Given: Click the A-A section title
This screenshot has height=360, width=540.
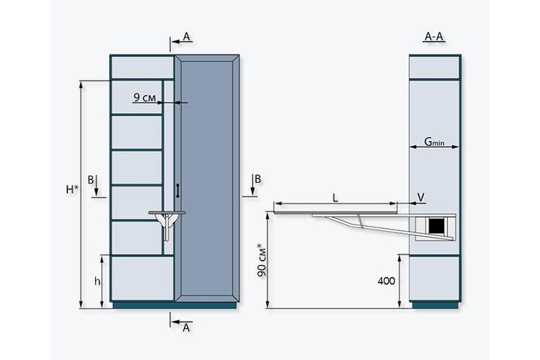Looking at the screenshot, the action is (x=434, y=36).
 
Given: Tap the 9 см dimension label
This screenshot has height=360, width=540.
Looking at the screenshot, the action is (x=145, y=98).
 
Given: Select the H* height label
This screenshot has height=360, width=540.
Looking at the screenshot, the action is (x=72, y=189).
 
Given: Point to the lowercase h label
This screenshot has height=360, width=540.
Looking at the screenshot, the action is (x=97, y=281).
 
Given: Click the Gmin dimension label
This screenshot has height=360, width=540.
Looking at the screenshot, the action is (x=434, y=141).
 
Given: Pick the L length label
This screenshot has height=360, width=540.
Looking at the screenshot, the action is (x=335, y=198).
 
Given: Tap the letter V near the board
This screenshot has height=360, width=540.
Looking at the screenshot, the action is (x=421, y=197).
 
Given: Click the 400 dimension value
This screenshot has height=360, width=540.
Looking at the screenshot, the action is (x=386, y=281).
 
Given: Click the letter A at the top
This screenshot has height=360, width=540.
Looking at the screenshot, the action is (x=186, y=37).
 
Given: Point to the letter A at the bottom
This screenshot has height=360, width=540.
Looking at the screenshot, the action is (x=186, y=328).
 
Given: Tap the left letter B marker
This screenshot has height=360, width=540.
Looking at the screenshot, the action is (x=91, y=180).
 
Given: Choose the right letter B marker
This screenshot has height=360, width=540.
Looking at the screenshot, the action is (x=258, y=179).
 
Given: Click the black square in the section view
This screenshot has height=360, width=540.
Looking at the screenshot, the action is (x=437, y=225).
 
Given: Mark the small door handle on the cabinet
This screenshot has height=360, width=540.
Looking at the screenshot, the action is (x=178, y=191).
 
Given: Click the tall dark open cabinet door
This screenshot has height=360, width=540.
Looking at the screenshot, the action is (x=207, y=178).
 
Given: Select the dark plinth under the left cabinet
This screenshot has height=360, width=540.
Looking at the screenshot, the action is (x=175, y=305).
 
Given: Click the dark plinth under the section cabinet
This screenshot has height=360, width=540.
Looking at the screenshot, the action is (x=436, y=305).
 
